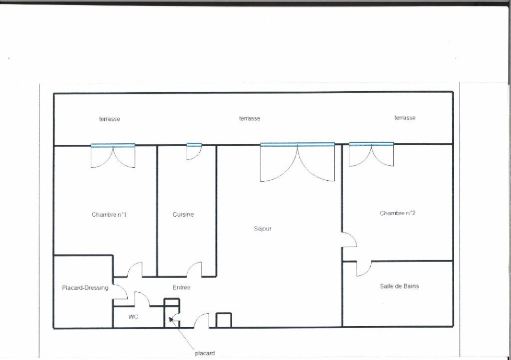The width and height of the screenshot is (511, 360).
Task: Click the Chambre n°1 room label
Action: point(109,215)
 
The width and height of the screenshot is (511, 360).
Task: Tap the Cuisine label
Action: point(183,214)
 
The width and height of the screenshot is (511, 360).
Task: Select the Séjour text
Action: point(263,229)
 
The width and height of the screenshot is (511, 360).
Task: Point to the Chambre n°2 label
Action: point(397,213)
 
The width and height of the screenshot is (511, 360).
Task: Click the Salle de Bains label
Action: point(399,286)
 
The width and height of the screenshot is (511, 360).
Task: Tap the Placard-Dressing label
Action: point(85,288)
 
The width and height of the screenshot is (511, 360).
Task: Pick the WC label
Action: point(133,317)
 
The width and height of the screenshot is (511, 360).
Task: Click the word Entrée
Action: point(181,288)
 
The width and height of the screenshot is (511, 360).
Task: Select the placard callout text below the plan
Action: point(204,353)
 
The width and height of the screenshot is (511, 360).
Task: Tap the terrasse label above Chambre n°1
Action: point(110,119)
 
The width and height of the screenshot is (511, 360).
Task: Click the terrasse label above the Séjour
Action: point(250,118)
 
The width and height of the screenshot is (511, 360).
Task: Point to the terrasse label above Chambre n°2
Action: point(405,118)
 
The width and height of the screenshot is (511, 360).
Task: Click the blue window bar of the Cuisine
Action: point(194,145)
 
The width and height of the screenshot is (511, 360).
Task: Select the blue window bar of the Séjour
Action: point(297,144)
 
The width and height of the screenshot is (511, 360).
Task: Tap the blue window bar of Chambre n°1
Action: point(113,145)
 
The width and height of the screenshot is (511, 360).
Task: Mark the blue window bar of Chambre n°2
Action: point(371,144)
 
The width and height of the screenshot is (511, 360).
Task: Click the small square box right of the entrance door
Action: point(224,320)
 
